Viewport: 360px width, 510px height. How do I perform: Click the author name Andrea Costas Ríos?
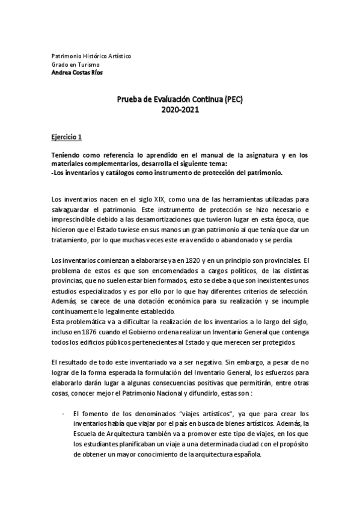coord(77,72)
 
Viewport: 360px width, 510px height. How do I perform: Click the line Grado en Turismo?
coord(76,64)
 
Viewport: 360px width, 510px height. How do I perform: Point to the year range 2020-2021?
coord(179,110)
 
